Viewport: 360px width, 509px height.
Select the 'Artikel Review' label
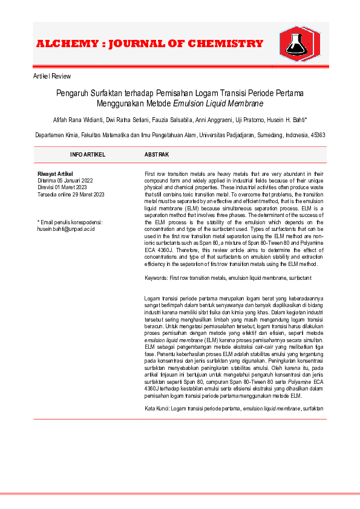[51, 76]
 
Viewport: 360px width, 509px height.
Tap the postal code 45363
[317, 135]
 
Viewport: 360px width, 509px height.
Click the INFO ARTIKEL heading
[88, 155]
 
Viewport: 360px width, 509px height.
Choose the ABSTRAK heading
[156, 155]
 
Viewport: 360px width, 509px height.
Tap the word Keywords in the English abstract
[156, 277]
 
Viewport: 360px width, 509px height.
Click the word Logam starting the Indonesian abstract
[152, 299]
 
